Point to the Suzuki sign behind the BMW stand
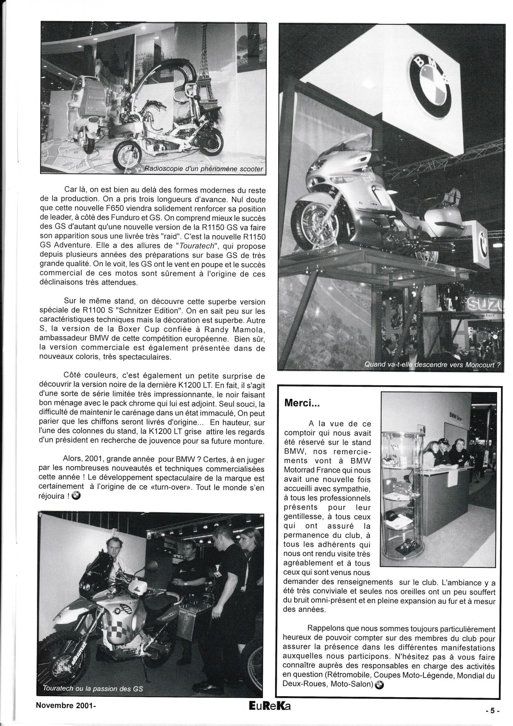point(485,304)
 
